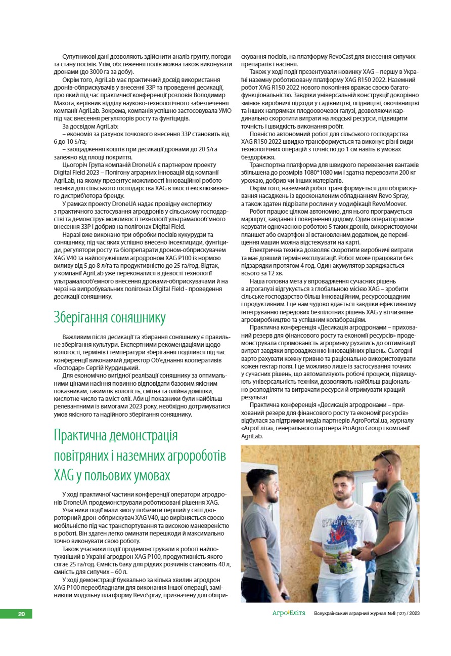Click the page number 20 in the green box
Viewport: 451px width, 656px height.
pos(21,614)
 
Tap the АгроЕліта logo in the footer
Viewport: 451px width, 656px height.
pos(289,613)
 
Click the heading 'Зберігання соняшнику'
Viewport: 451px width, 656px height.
pos(109,318)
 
